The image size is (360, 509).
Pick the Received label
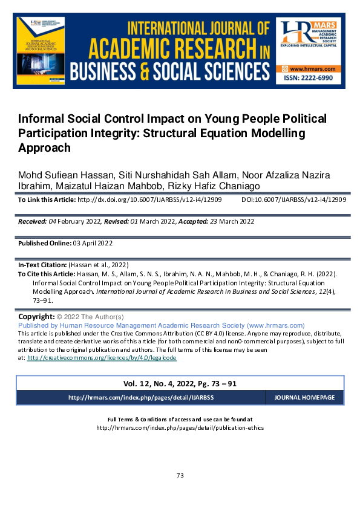33,222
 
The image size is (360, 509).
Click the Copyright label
36,317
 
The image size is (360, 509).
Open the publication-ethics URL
180,427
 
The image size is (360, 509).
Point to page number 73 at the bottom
180,476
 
